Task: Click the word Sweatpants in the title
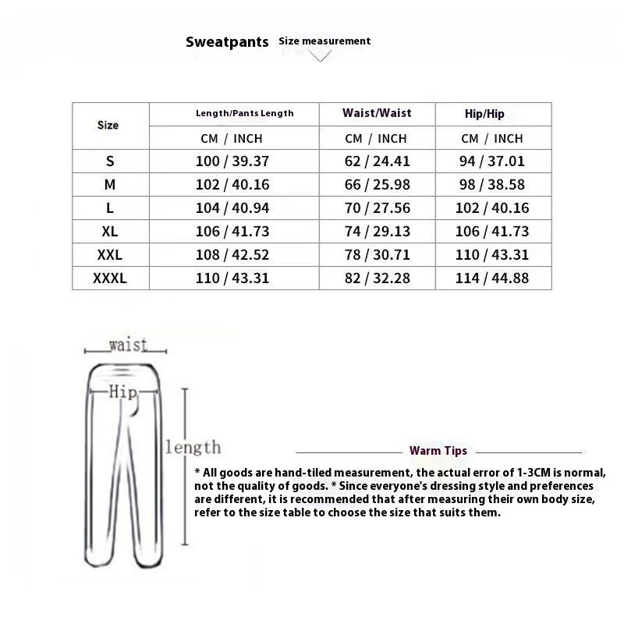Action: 227,42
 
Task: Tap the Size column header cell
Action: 108,125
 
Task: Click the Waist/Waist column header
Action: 377,113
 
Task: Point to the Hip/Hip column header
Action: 484,114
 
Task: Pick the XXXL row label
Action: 109,278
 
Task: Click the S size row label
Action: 109,161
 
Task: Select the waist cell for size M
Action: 377,185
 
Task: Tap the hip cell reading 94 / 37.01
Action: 492,161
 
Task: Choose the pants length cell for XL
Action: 233,232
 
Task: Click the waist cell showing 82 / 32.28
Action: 377,278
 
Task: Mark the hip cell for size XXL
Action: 492,254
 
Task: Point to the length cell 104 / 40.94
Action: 233,208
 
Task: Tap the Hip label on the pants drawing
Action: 122,392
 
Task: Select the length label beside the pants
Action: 193,447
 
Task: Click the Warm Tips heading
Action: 438,451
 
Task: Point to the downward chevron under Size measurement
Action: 321,56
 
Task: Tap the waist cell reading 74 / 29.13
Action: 377,232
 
